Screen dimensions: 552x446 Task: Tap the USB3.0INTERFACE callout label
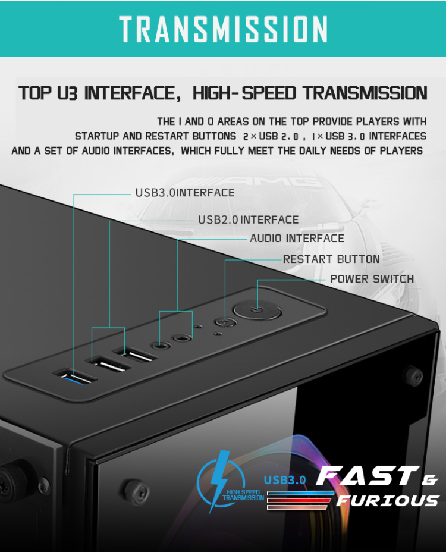[x=185, y=193]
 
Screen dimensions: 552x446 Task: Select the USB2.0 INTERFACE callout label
[x=248, y=219]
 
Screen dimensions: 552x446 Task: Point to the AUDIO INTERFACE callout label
[x=297, y=239]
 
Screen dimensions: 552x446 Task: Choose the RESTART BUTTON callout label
[x=331, y=259]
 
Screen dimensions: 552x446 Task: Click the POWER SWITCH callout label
[x=372, y=279]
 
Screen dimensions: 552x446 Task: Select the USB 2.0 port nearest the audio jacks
[x=140, y=356]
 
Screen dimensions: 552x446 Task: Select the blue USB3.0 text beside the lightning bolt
[x=285, y=479]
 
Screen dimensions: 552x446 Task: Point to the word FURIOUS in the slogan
[x=388, y=500]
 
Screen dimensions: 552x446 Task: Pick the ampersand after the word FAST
[x=429, y=479]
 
